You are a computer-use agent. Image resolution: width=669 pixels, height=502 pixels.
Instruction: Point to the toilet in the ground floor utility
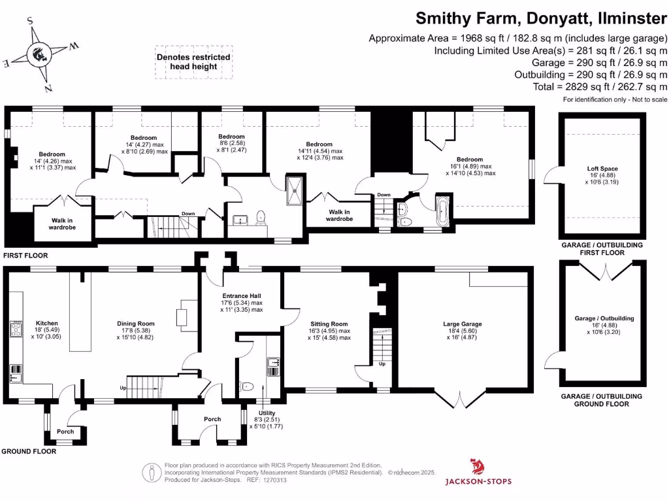point(247,387)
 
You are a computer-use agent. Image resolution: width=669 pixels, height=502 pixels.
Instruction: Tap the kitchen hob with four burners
point(15,328)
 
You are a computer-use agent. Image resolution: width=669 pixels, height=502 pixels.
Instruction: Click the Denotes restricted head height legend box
point(193,62)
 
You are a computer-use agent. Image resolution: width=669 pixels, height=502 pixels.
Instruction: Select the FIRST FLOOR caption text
point(25,256)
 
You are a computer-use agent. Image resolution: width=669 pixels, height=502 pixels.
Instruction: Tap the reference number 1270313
point(274,480)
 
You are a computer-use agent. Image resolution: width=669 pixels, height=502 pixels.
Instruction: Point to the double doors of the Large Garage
point(461,399)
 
